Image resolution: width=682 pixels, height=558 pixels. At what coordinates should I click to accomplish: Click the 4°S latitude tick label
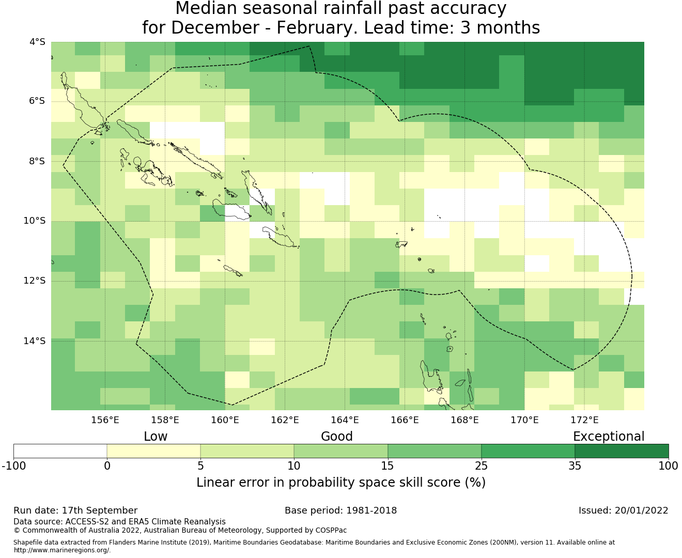click(37, 42)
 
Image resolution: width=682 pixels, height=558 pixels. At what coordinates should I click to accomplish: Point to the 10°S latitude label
click(35, 221)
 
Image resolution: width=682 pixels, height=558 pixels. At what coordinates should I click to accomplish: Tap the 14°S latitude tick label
click(35, 341)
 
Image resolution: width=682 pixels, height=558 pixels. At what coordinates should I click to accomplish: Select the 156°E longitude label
click(105, 420)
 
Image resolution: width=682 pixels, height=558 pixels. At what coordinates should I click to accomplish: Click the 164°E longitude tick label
click(345, 420)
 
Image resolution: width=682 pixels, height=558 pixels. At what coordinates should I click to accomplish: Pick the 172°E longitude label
click(584, 420)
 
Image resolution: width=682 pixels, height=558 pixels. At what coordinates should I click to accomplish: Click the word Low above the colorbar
click(156, 437)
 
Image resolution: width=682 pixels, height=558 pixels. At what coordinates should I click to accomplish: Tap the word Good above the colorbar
click(337, 437)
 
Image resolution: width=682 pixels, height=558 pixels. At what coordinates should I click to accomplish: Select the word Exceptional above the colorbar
click(609, 437)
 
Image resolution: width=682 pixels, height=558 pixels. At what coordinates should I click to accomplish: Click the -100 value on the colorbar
click(14, 466)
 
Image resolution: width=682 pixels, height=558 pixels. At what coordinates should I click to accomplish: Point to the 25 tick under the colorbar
click(481, 466)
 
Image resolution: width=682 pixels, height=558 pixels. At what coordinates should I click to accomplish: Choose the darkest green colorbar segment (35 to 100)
click(622, 451)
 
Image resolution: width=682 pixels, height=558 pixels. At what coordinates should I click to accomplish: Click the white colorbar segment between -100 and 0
click(60, 451)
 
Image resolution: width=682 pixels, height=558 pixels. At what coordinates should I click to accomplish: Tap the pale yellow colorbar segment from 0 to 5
click(154, 451)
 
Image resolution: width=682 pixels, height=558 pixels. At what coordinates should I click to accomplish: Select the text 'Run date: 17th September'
click(75, 510)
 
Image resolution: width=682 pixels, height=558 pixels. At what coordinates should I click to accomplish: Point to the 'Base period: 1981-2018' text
click(341, 510)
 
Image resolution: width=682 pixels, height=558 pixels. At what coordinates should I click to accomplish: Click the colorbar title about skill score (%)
click(341, 483)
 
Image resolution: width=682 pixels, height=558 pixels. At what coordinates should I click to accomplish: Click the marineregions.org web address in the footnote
click(62, 550)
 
